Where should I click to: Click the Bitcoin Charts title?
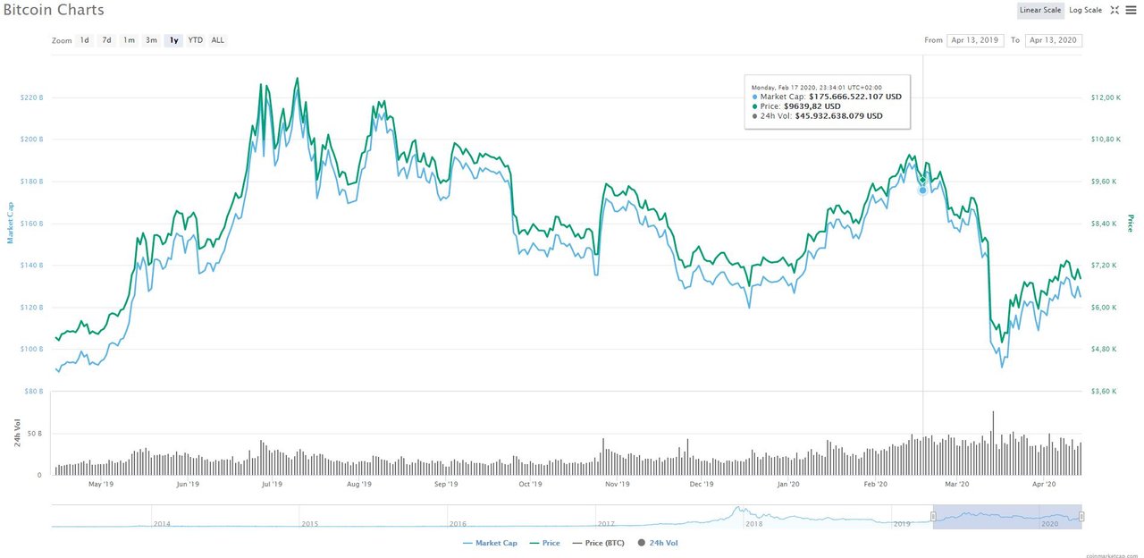53,11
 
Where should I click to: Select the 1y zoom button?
173,40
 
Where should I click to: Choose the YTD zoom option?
195,40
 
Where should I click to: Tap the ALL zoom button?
218,40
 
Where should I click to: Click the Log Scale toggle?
1086,10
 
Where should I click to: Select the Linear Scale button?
1040,10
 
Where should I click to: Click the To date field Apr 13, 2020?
1054,40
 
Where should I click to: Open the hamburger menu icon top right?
1131,10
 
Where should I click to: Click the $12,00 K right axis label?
1105,97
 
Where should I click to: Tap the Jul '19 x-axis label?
272,485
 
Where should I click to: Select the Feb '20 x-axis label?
875,485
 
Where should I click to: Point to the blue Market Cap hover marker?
922,190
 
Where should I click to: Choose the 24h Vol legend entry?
662,543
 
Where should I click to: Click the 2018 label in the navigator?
754,524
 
